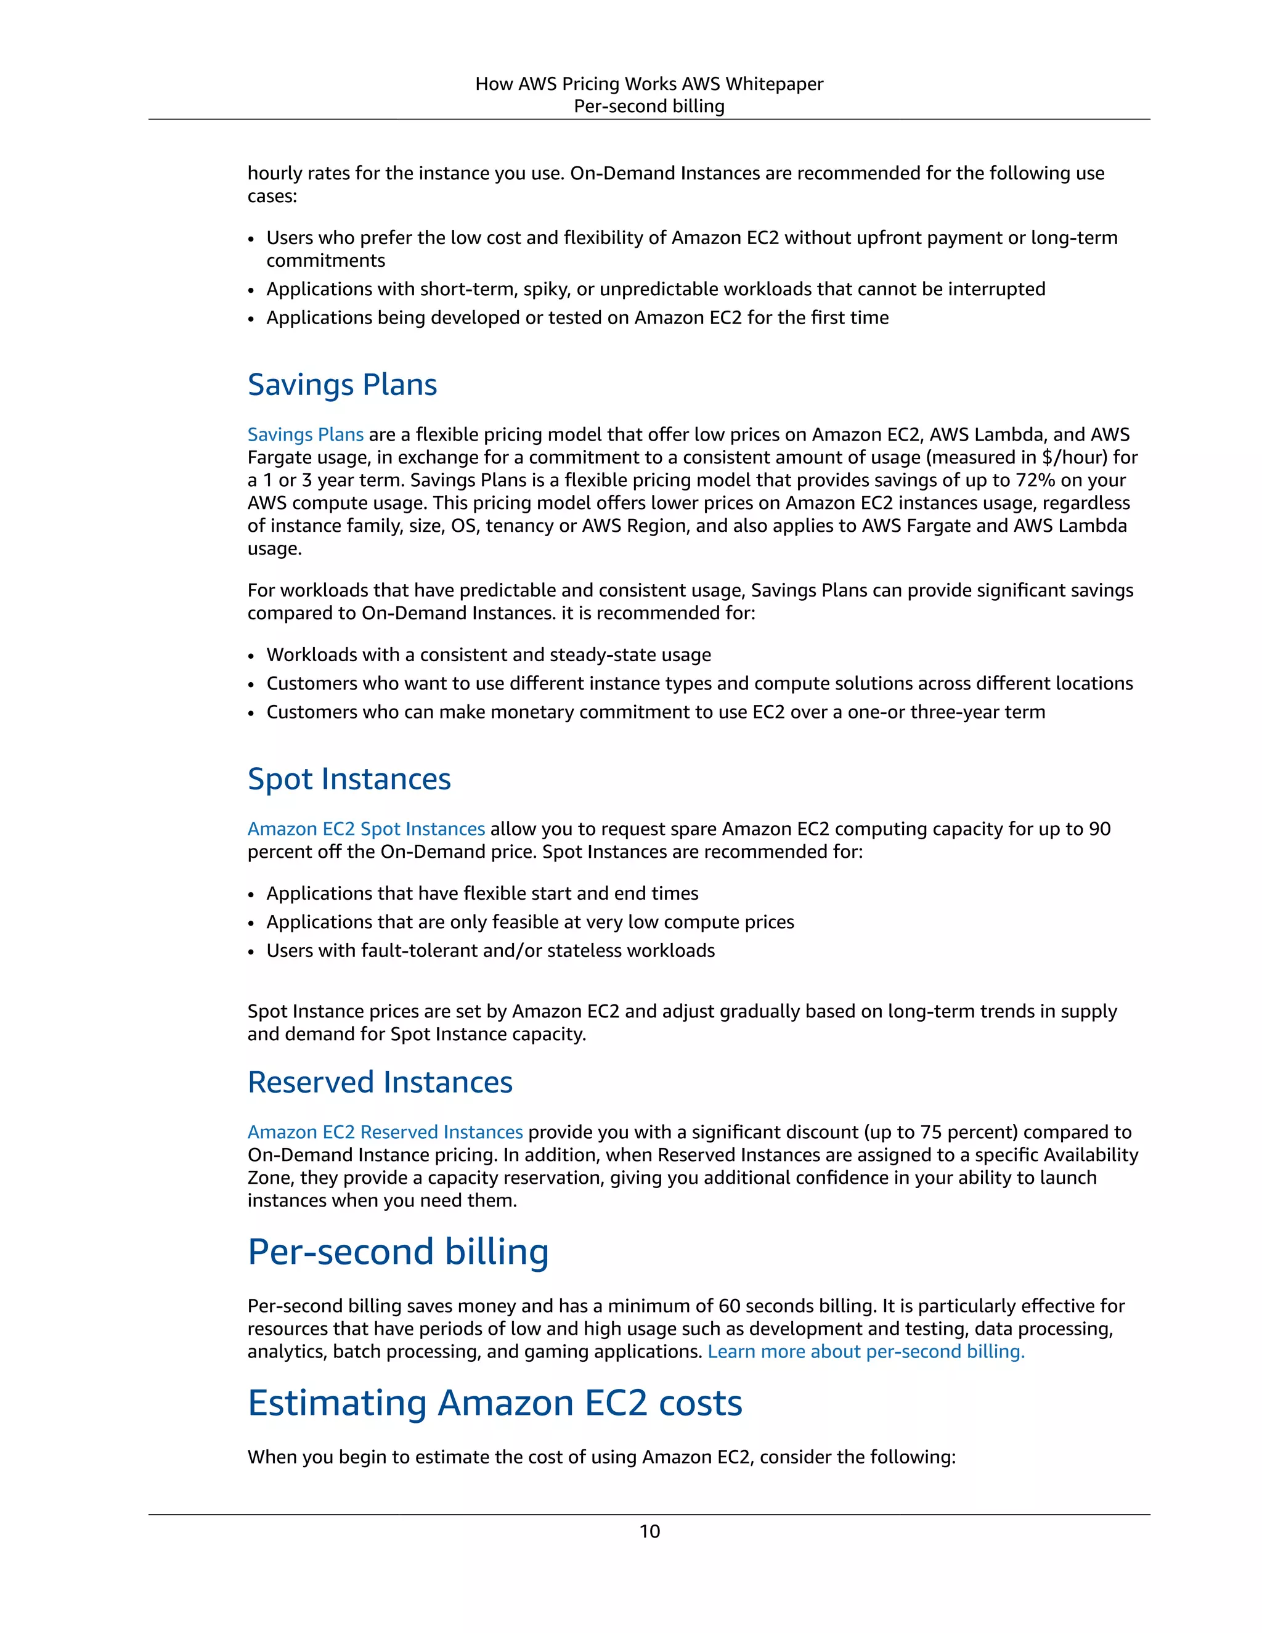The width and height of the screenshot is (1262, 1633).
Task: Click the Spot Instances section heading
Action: click(349, 779)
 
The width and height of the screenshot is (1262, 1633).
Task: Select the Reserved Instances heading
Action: click(380, 1082)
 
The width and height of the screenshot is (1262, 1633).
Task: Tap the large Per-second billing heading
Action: click(397, 1252)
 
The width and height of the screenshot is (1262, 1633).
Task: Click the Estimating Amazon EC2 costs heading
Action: click(494, 1403)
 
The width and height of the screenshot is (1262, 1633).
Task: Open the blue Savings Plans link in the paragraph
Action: click(305, 434)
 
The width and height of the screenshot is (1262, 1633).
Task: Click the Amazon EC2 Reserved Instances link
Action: click(385, 1132)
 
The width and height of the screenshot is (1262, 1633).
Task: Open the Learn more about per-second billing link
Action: click(866, 1352)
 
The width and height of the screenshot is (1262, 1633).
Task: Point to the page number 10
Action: click(649, 1531)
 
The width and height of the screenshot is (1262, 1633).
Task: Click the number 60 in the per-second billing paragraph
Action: click(729, 1306)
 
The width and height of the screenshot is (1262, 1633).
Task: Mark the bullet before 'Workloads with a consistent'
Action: click(252, 656)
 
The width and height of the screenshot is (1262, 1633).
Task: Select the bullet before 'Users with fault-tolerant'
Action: click(252, 952)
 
